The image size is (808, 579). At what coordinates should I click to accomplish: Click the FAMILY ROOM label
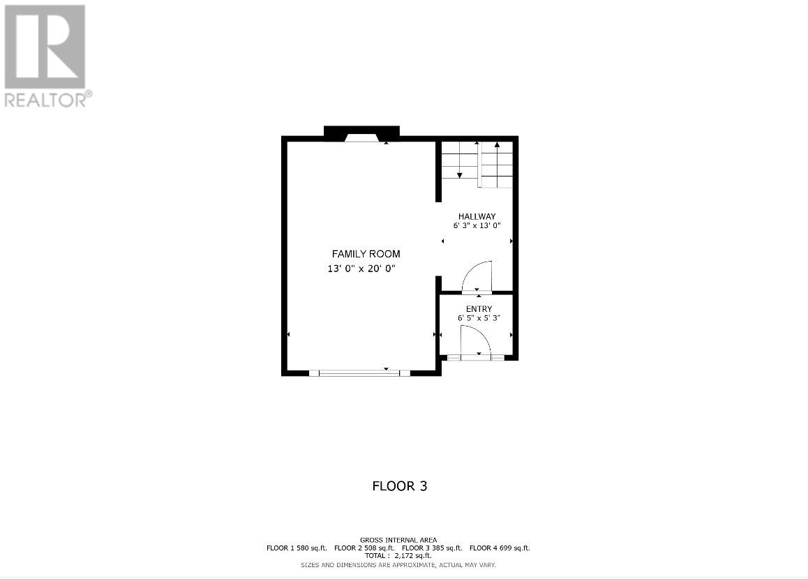click(366, 254)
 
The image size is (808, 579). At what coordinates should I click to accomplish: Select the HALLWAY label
click(477, 216)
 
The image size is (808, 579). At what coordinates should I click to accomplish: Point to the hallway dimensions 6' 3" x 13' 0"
click(477, 225)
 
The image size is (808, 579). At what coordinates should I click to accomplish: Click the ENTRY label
click(479, 309)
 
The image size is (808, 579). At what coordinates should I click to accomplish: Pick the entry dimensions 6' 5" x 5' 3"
click(479, 318)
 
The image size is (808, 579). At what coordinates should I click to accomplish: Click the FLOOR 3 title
click(399, 486)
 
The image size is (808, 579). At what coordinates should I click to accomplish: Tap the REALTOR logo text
click(47, 100)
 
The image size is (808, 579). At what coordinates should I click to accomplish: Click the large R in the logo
click(45, 45)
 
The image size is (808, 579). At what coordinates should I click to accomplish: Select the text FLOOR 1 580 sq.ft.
click(297, 548)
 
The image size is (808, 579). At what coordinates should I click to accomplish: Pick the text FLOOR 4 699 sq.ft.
click(500, 548)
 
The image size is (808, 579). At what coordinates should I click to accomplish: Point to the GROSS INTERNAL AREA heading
click(398, 540)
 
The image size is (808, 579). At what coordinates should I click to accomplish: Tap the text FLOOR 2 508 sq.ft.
click(364, 548)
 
